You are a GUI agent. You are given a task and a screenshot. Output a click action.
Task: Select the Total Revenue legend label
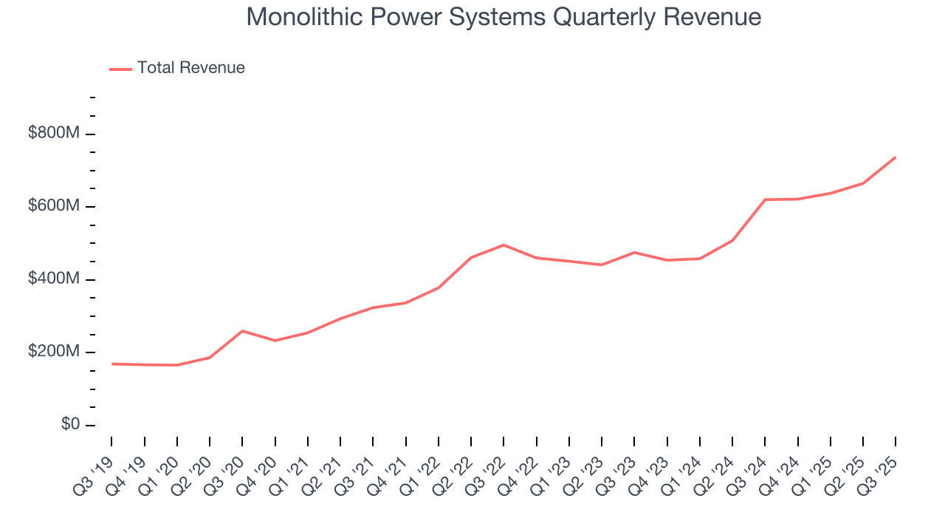coord(190,68)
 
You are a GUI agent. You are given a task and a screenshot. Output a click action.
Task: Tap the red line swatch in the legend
coord(120,69)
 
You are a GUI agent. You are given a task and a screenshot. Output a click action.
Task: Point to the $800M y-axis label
coord(53,134)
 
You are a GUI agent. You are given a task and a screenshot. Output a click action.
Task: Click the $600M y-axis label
coord(53,206)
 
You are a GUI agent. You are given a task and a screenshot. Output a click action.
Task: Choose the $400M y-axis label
coord(53,279)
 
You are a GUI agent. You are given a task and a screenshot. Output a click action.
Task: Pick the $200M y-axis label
coord(53,352)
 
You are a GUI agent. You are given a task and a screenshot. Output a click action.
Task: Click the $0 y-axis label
coord(70,425)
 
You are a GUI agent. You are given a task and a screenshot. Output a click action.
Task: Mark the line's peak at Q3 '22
coord(504,245)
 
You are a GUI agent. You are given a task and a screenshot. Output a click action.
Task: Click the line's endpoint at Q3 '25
coord(895,157)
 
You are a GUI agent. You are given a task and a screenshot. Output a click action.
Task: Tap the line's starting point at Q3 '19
coord(112,364)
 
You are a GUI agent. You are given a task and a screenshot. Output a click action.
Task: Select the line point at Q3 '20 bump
coord(242,331)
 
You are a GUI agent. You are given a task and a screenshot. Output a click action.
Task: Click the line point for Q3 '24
coord(765,199)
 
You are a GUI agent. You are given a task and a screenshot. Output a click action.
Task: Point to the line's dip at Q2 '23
coord(602,265)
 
